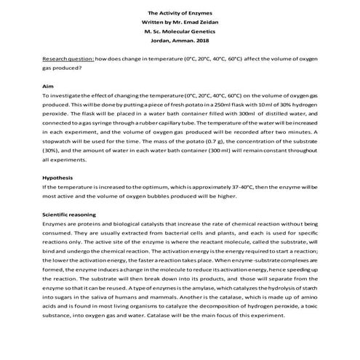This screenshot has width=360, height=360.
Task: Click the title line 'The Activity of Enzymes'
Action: (179, 12)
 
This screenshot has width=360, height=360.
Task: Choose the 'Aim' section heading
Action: (49, 86)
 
